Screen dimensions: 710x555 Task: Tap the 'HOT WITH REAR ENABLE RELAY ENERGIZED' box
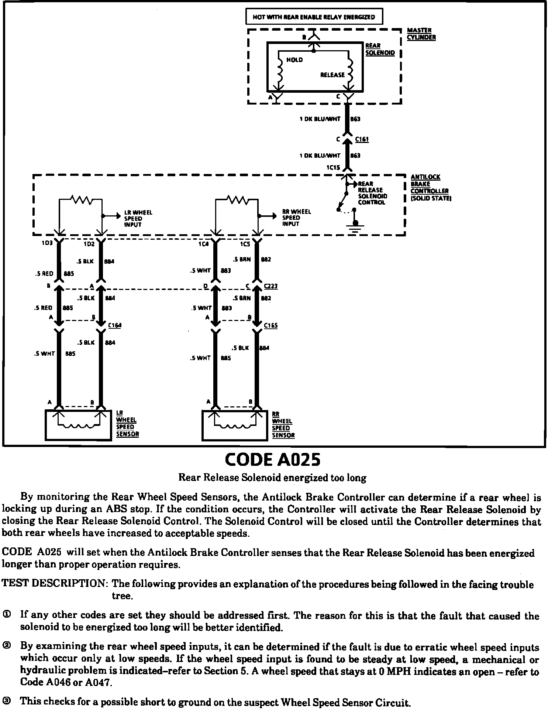coord(314,17)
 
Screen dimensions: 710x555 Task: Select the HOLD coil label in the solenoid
coord(294,60)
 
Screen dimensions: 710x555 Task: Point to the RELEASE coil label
coord(332,75)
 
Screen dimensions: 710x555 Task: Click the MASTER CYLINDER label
coord(421,34)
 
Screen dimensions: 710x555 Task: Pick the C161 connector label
coord(362,140)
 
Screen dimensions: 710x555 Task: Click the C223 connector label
coord(271,286)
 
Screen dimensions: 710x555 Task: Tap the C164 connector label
coord(114,325)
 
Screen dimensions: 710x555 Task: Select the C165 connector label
coord(271,325)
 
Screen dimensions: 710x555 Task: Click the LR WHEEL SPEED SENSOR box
coord(78,425)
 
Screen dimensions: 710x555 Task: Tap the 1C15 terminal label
coord(333,167)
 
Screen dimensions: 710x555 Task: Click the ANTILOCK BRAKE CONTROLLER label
coord(430,188)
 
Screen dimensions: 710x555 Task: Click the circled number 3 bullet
coord(7,700)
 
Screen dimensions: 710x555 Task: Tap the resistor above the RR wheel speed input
coord(238,200)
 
